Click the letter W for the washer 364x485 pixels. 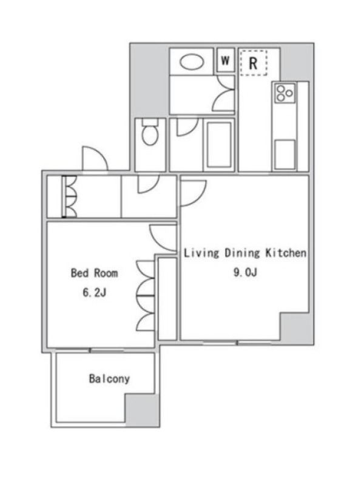tap(225, 60)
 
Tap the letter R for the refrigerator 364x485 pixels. tap(253, 63)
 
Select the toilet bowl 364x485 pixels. tap(150, 135)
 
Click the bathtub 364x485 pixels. tap(219, 145)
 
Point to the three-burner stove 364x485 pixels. tap(285, 93)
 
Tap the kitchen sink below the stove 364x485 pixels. tap(285, 155)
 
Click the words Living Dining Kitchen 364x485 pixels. tap(245, 253)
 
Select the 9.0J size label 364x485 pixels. tap(245, 272)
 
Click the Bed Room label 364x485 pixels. tap(95, 273)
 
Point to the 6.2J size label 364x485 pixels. tap(95, 292)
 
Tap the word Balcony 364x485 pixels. tap(109, 378)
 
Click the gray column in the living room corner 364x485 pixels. tap(297, 327)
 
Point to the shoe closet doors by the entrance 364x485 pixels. tap(69, 196)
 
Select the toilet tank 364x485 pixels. tap(150, 122)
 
